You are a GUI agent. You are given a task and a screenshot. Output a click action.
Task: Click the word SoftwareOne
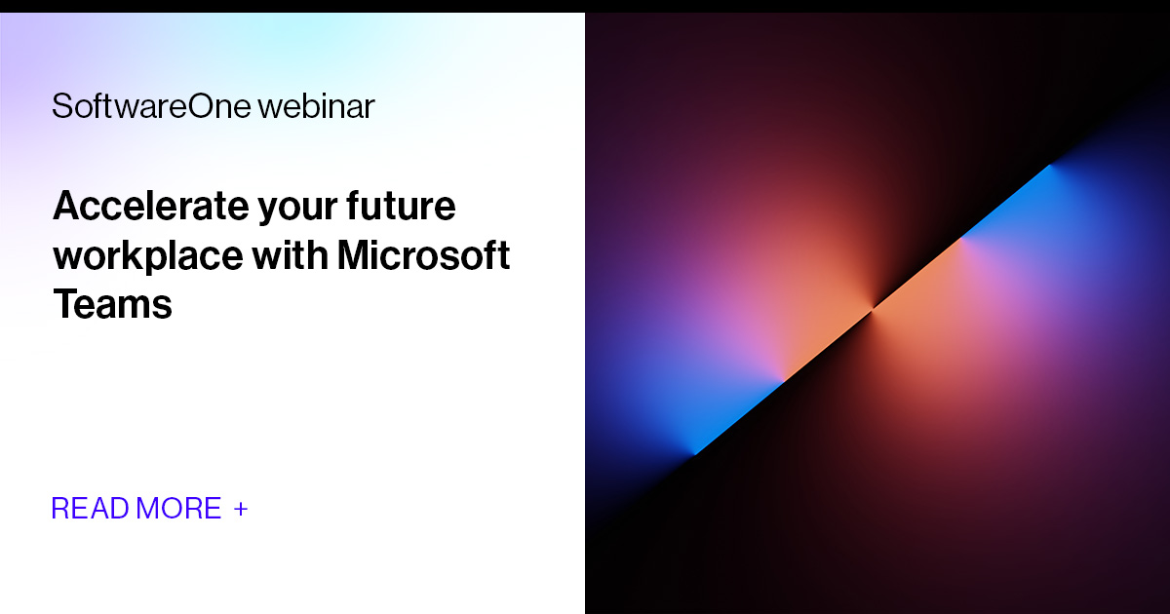click(x=151, y=106)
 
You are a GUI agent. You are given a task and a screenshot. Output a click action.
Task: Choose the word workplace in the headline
click(x=147, y=256)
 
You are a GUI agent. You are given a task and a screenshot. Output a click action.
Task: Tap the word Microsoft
click(x=424, y=255)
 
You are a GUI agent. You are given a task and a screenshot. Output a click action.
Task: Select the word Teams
click(x=112, y=305)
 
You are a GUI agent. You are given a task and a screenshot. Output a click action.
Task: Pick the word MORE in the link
click(x=179, y=509)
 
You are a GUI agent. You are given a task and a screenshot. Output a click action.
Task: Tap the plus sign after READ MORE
click(x=241, y=509)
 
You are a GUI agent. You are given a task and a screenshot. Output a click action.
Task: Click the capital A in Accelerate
click(x=66, y=207)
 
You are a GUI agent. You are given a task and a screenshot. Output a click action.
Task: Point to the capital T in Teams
click(x=63, y=305)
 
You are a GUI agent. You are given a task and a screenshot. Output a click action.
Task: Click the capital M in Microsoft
click(x=358, y=255)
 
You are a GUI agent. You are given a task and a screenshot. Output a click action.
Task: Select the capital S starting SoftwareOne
click(x=60, y=106)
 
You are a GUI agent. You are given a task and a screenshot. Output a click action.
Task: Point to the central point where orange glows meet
click(x=873, y=308)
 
